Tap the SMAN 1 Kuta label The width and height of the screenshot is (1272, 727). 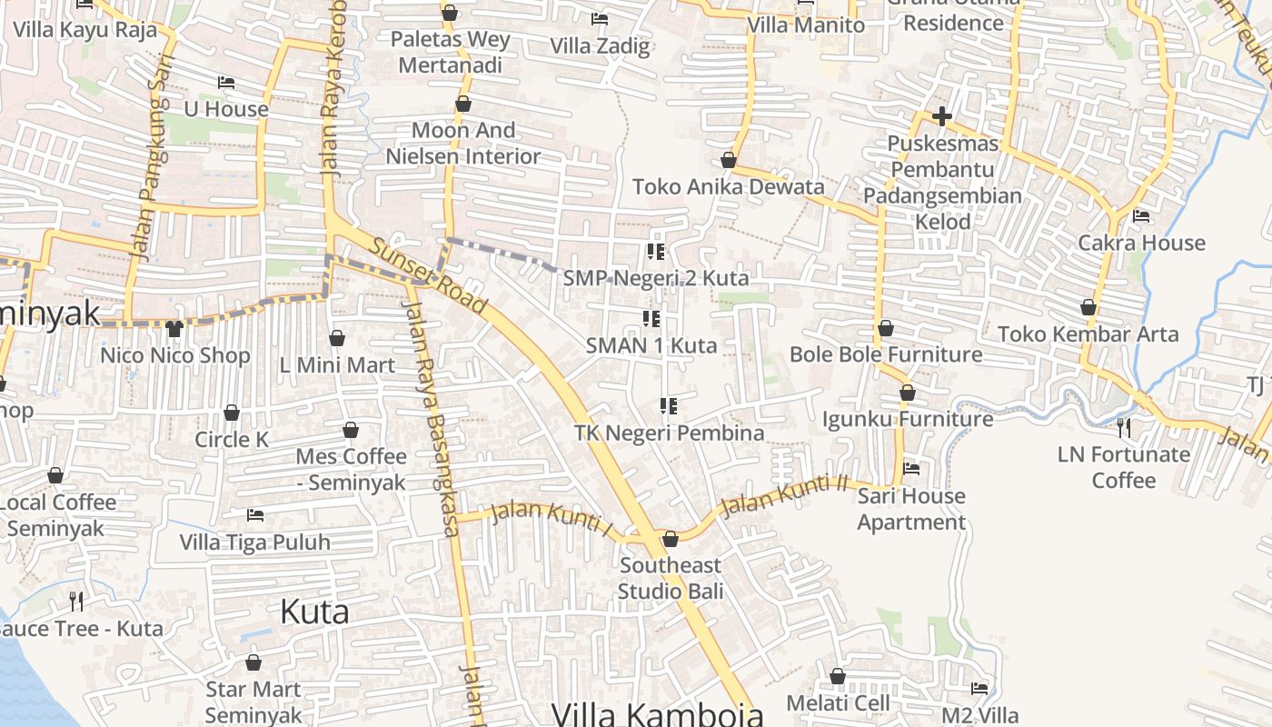pyautogui.click(x=651, y=345)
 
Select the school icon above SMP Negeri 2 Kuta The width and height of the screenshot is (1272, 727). pyautogui.click(x=655, y=251)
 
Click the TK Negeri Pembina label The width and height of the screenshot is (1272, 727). pyautogui.click(x=669, y=433)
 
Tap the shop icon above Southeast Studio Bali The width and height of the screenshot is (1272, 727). pyautogui.click(x=671, y=539)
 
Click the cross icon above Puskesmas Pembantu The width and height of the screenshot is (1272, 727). pyautogui.click(x=942, y=116)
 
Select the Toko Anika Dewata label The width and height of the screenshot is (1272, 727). pyautogui.click(x=728, y=187)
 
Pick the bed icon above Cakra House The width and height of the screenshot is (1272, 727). pyautogui.click(x=1141, y=216)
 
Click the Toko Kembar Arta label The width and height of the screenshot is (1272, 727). pyautogui.click(x=1088, y=334)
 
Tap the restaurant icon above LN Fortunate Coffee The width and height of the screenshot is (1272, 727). pyautogui.click(x=1124, y=426)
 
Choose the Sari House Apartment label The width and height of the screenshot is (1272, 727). pyautogui.click(x=911, y=509)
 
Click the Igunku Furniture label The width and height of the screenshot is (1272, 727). pyautogui.click(x=907, y=419)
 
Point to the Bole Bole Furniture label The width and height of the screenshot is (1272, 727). pyautogui.click(x=886, y=354)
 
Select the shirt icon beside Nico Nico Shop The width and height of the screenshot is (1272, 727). pyautogui.click(x=174, y=328)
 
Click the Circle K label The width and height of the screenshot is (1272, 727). pyautogui.click(x=232, y=440)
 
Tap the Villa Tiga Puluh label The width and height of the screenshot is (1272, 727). pyautogui.click(x=254, y=543)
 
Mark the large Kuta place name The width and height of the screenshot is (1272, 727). pyautogui.click(x=314, y=612)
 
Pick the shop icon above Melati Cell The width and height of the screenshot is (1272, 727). pyautogui.click(x=838, y=676)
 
